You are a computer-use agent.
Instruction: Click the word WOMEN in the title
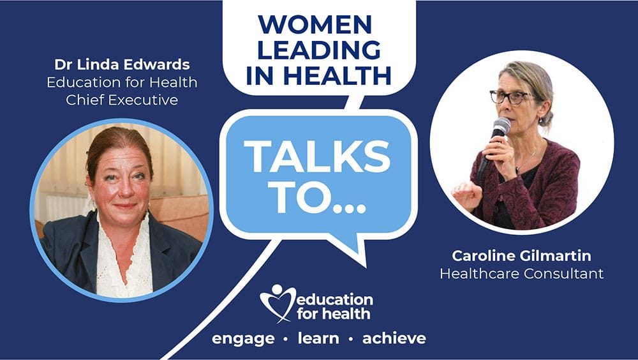(x=315, y=24)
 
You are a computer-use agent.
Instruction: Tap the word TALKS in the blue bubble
(x=317, y=156)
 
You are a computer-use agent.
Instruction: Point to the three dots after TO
(x=349, y=208)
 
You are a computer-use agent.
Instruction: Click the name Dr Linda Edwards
(x=122, y=64)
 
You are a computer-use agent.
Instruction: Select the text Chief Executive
(x=122, y=100)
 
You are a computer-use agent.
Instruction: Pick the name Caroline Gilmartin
(x=522, y=256)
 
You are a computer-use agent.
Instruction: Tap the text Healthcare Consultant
(x=522, y=273)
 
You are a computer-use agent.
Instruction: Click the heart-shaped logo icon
(x=278, y=303)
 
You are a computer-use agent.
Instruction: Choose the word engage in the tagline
(x=243, y=339)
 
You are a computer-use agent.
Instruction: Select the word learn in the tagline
(x=318, y=338)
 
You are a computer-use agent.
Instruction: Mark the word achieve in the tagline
(x=394, y=338)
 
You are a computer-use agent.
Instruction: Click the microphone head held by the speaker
(x=501, y=126)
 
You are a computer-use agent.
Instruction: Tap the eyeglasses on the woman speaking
(x=510, y=97)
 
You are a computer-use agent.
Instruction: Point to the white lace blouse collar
(x=122, y=244)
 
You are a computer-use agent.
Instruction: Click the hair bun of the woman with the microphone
(x=547, y=119)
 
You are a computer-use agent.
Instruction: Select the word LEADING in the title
(x=318, y=50)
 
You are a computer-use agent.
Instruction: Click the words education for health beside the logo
(x=334, y=306)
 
